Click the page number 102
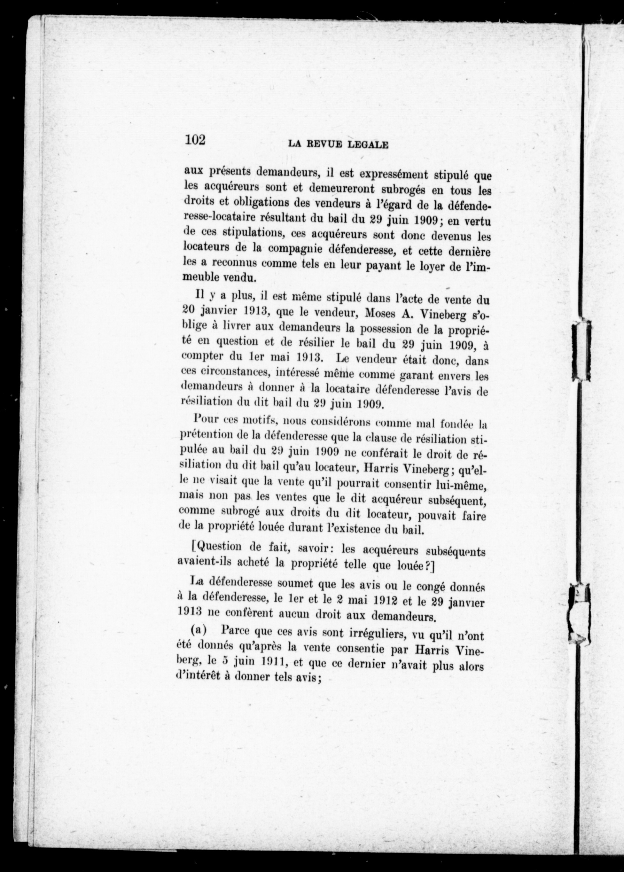click(195, 139)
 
